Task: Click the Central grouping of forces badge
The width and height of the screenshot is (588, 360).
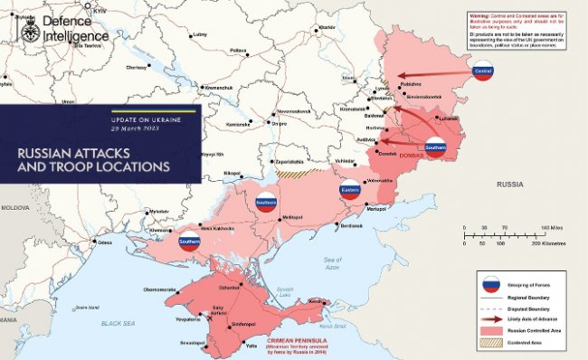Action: (x=483, y=71)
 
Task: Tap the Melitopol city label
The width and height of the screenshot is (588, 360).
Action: (x=292, y=217)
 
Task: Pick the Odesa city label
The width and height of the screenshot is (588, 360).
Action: (x=105, y=242)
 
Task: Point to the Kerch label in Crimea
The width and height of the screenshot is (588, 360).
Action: (x=316, y=301)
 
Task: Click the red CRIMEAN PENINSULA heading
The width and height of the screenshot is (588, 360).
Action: (x=297, y=340)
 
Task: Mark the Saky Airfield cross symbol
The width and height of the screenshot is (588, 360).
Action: (x=211, y=308)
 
